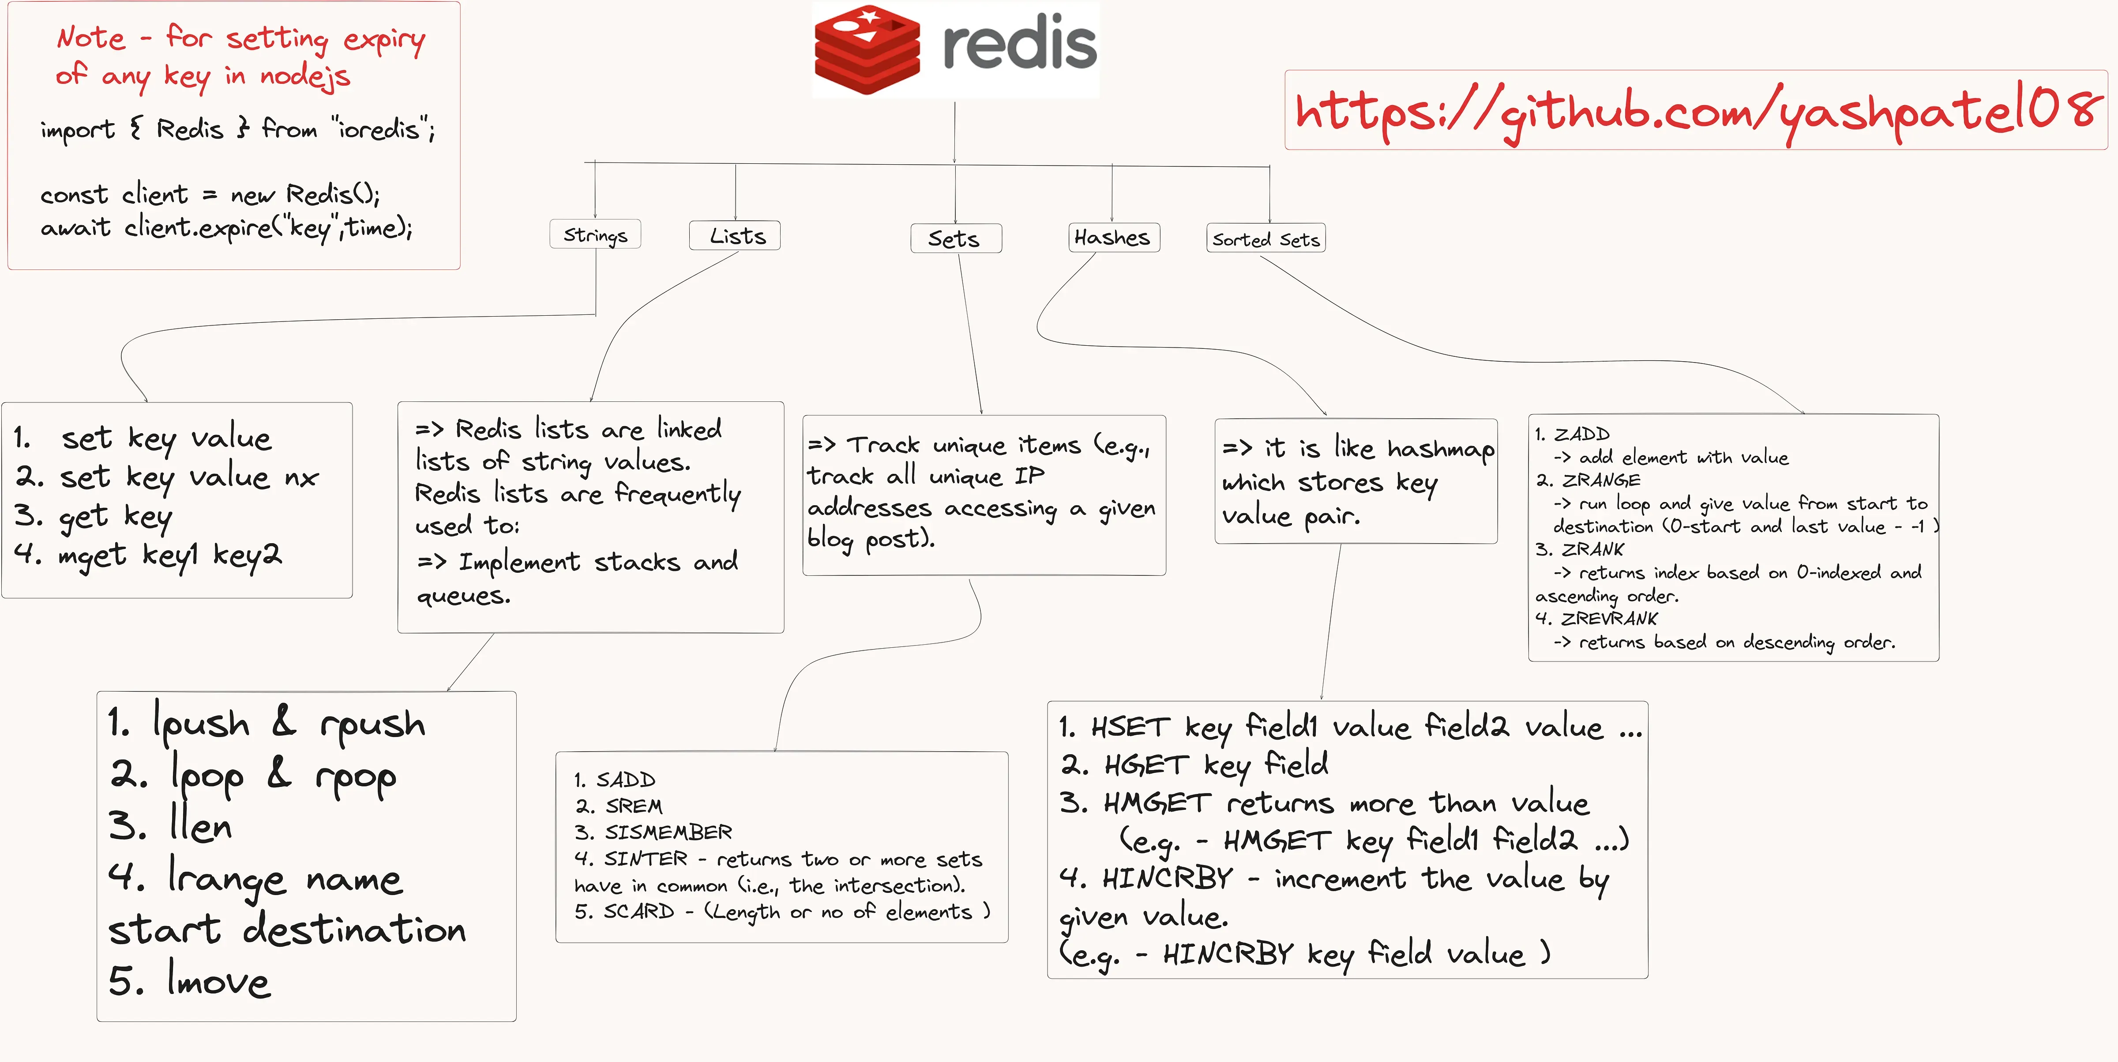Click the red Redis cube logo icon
tap(867, 49)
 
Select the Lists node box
tap(735, 236)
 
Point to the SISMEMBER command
tap(668, 832)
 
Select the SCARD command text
tap(639, 911)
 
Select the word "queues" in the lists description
tap(462, 596)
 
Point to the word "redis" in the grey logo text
tap(1020, 45)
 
